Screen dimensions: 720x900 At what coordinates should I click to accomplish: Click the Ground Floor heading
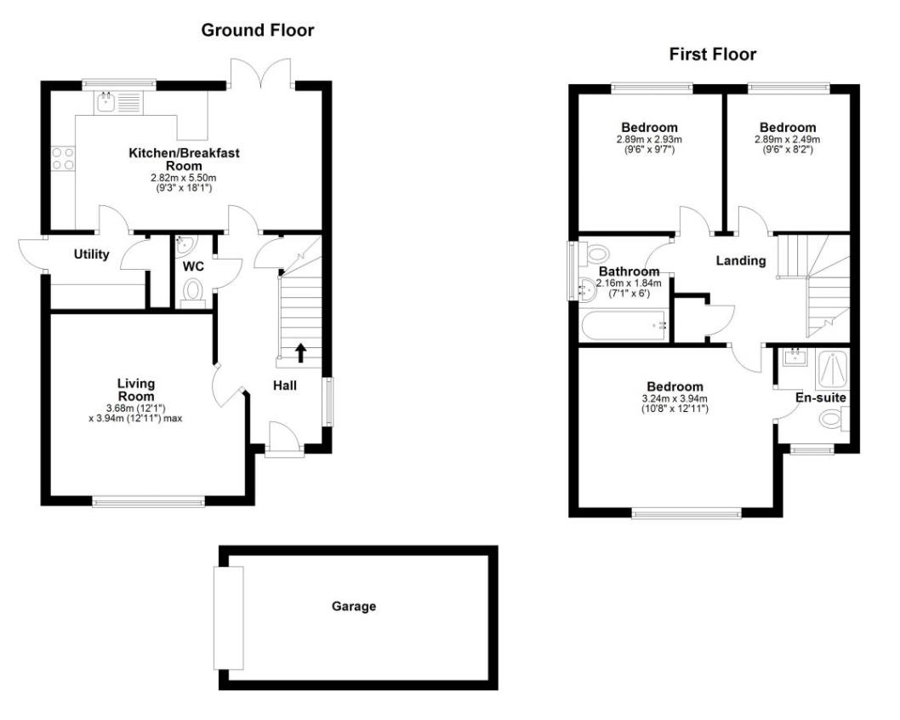pyautogui.click(x=257, y=31)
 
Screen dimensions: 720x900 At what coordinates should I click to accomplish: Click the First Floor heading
pyautogui.click(x=712, y=55)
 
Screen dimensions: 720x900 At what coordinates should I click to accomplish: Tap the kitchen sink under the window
pyautogui.click(x=107, y=103)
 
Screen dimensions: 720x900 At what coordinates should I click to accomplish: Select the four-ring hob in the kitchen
pyautogui.click(x=63, y=160)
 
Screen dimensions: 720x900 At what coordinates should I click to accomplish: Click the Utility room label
pyautogui.click(x=91, y=254)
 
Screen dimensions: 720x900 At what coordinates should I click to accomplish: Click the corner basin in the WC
pyautogui.click(x=184, y=245)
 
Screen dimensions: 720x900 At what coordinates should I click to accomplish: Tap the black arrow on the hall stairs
pyautogui.click(x=300, y=351)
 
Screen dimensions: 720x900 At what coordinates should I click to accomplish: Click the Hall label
pyautogui.click(x=284, y=386)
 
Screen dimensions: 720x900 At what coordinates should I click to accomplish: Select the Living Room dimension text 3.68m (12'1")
pyautogui.click(x=135, y=408)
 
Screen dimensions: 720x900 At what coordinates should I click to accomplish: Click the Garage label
pyautogui.click(x=353, y=607)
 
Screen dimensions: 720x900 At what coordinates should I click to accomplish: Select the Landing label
pyautogui.click(x=740, y=260)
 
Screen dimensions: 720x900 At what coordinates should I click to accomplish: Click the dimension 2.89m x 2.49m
pyautogui.click(x=788, y=140)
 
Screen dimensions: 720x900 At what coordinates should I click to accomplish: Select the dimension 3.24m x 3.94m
pyautogui.click(x=675, y=398)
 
